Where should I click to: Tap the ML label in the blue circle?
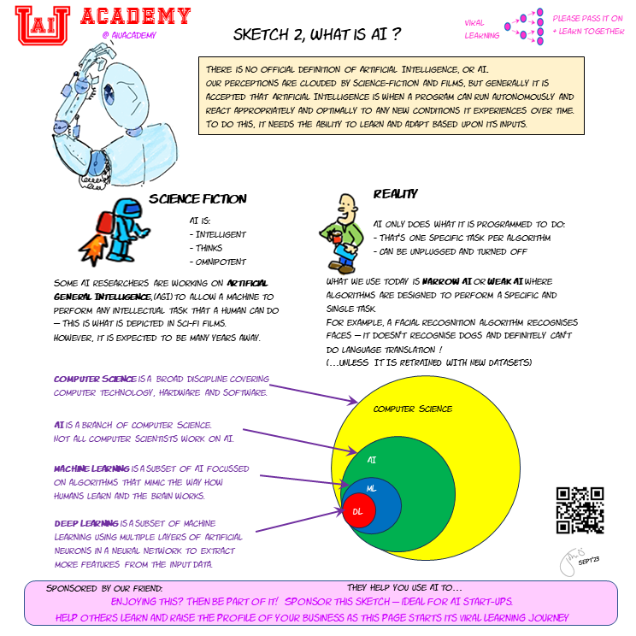click(x=371, y=487)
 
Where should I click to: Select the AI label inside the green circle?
click(x=372, y=459)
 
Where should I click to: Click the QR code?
click(x=580, y=509)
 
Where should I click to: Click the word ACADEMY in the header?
click(x=135, y=15)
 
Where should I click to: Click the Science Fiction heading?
click(x=197, y=199)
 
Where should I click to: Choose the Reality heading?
click(x=395, y=194)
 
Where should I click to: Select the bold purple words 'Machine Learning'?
click(x=91, y=469)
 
